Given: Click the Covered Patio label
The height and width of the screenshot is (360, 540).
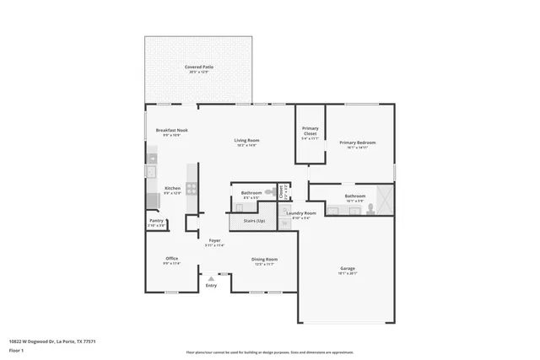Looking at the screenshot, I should (x=198, y=67).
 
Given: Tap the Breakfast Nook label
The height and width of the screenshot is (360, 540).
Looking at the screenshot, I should (x=171, y=131).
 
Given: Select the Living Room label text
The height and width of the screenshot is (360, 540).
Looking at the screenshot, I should (x=246, y=140).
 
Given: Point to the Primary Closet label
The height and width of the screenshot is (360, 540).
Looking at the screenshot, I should (x=310, y=131).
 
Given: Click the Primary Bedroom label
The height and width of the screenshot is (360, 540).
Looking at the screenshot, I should (x=357, y=142).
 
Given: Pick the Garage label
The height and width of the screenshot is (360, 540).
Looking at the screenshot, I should (x=348, y=269).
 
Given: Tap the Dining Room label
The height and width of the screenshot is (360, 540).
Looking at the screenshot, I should (x=264, y=260).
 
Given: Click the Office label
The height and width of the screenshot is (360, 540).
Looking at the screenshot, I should (x=171, y=259).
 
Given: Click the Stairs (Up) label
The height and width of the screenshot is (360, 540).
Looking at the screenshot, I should (x=254, y=220).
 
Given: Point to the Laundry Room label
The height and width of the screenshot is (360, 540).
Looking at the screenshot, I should (x=300, y=213).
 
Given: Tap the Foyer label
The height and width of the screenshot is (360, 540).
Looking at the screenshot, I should (x=215, y=241).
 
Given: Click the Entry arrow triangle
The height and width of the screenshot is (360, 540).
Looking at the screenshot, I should (x=211, y=278).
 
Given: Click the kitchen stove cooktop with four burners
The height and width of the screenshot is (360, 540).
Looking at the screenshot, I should (x=192, y=190).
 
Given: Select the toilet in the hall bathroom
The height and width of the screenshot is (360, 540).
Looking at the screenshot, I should (x=268, y=193).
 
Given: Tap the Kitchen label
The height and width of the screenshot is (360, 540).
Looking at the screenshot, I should (x=172, y=189).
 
